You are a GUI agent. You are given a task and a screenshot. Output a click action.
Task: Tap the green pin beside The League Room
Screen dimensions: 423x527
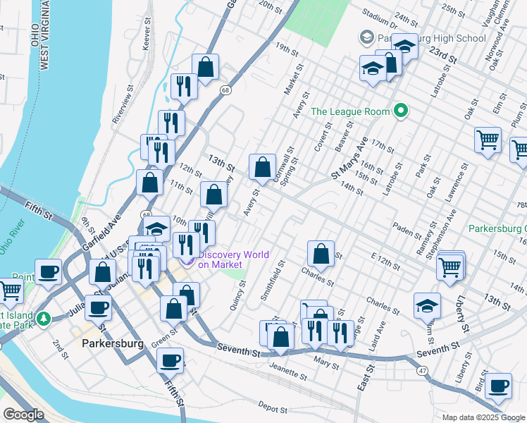pyautogui.click(x=401, y=111)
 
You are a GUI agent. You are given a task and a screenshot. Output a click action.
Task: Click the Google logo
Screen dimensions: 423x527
pyautogui.click(x=24, y=415)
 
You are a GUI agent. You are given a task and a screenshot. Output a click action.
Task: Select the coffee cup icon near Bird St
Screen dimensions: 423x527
pyautogui.click(x=499, y=386)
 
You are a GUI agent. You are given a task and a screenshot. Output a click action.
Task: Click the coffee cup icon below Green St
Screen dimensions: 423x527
pyautogui.click(x=170, y=360)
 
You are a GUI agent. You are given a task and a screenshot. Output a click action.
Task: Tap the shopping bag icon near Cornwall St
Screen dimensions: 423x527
pyautogui.click(x=262, y=167)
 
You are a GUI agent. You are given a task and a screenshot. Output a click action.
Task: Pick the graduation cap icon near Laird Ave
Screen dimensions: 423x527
pyautogui.click(x=427, y=305)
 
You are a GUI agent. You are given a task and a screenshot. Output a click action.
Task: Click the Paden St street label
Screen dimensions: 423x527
pyautogui.click(x=407, y=228)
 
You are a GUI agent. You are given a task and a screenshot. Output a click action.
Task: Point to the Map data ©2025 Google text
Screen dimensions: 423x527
pyautogui.click(x=482, y=417)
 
